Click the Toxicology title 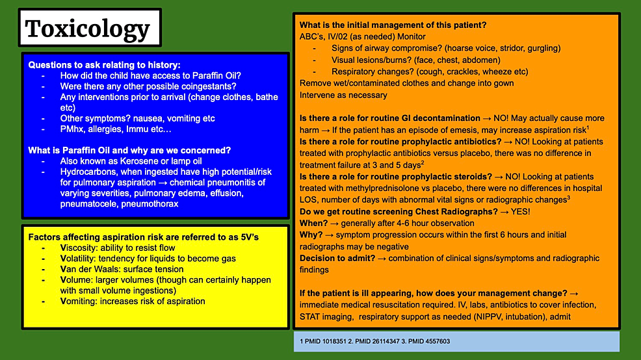[87, 29]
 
